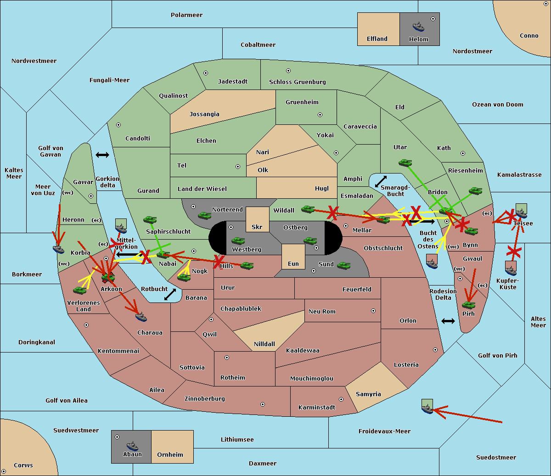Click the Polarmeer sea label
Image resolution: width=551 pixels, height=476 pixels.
186,15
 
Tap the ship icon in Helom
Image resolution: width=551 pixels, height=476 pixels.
418,26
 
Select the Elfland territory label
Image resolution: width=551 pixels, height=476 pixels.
377,39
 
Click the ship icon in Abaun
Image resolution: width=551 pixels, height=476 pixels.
132,446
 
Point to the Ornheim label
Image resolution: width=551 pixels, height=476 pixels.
170,455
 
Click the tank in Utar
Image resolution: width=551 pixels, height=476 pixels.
405,162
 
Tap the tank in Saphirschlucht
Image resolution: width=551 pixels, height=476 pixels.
150,220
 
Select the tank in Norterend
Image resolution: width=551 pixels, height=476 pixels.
204,215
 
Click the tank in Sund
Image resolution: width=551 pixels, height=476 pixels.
344,265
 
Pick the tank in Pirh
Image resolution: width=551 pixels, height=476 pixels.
468,305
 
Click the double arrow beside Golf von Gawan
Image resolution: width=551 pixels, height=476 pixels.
102,155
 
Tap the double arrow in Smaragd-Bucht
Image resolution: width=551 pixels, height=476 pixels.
381,181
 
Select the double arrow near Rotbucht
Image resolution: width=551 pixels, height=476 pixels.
170,294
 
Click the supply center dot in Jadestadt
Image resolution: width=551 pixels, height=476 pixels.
206,73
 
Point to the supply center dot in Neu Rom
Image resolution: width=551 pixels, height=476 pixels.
373,311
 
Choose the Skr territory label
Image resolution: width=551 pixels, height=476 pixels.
257,227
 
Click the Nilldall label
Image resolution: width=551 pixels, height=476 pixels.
264,344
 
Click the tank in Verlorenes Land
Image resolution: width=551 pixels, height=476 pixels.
79,291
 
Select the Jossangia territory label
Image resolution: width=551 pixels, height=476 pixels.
204,114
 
